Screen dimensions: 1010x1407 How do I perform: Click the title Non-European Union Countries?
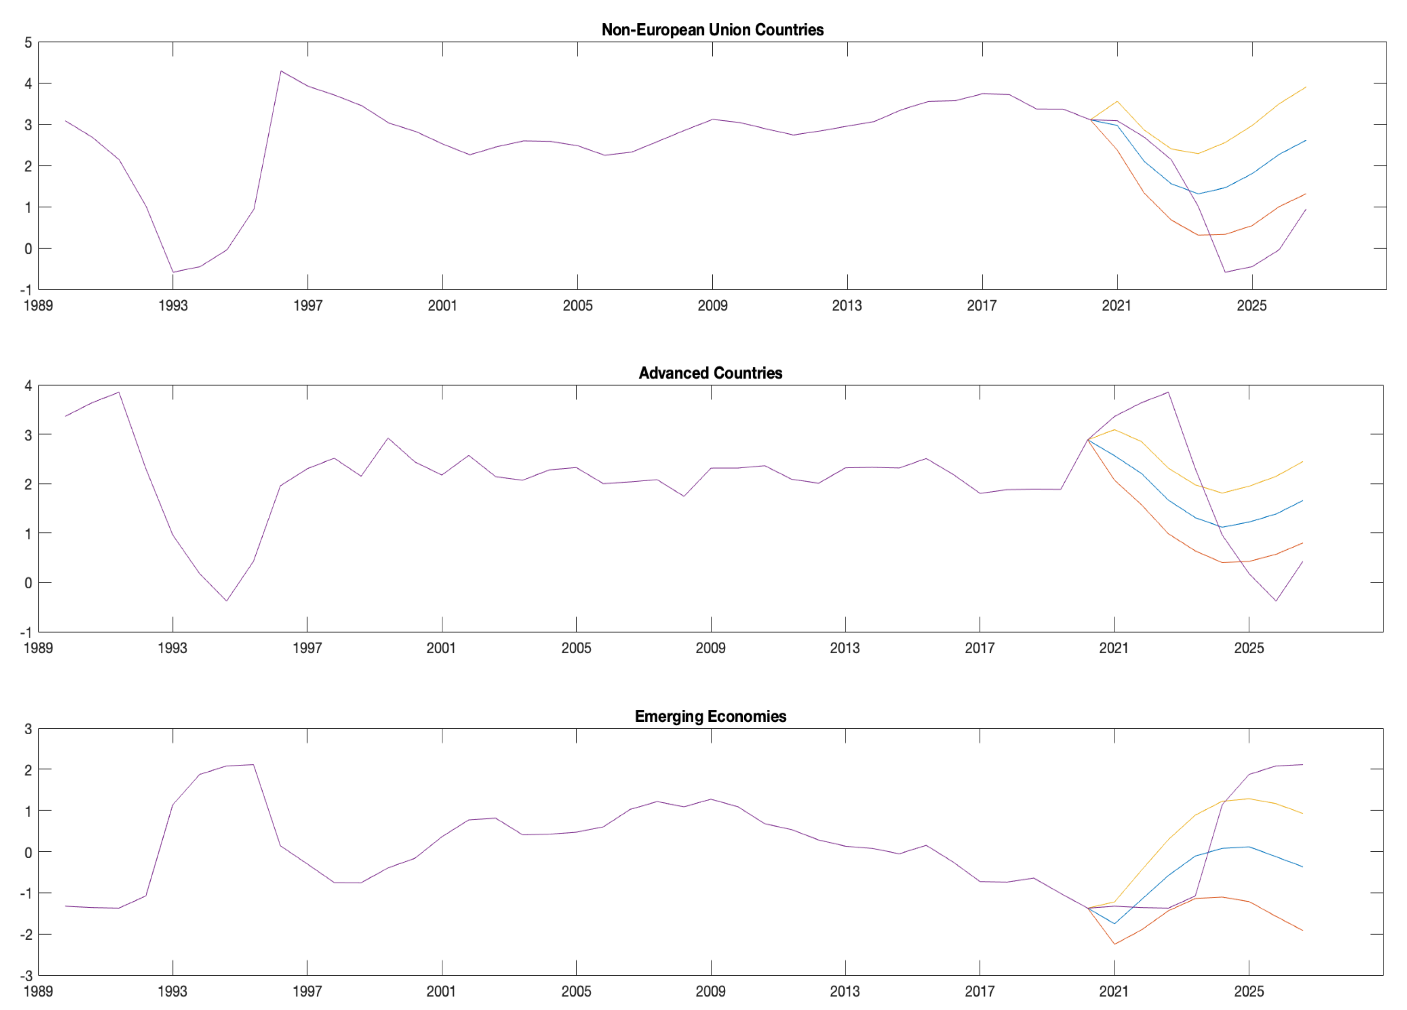pyautogui.click(x=712, y=30)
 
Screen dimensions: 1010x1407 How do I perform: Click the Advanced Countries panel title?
pyautogui.click(x=710, y=373)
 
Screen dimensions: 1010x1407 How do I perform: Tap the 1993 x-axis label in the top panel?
pyautogui.click(x=173, y=305)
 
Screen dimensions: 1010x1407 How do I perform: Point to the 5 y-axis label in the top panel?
pyautogui.click(x=28, y=43)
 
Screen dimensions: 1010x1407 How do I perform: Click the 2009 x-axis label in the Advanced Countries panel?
pyautogui.click(x=710, y=648)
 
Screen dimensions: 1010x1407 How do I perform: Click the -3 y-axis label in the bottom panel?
pyautogui.click(x=26, y=976)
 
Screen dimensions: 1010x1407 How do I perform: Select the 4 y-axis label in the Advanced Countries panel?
pyautogui.click(x=28, y=386)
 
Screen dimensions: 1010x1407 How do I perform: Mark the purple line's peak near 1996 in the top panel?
pyautogui.click(x=281, y=71)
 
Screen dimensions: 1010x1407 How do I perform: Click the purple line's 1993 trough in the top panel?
pyautogui.click(x=173, y=272)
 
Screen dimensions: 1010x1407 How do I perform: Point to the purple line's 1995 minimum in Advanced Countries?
pyautogui.click(x=227, y=601)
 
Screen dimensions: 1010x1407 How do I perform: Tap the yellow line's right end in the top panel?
pyautogui.click(x=1306, y=87)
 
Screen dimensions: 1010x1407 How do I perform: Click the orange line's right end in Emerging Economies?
pyautogui.click(x=1302, y=930)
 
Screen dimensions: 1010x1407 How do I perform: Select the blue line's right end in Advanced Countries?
pyautogui.click(x=1302, y=501)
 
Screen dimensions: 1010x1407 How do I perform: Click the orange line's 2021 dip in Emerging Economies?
pyautogui.click(x=1115, y=944)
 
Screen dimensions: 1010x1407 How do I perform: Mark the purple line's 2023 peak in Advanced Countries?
pyautogui.click(x=1168, y=392)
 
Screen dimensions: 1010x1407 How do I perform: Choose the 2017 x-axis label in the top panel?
pyautogui.click(x=981, y=305)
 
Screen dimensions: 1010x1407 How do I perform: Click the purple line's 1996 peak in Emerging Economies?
pyautogui.click(x=253, y=764)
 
